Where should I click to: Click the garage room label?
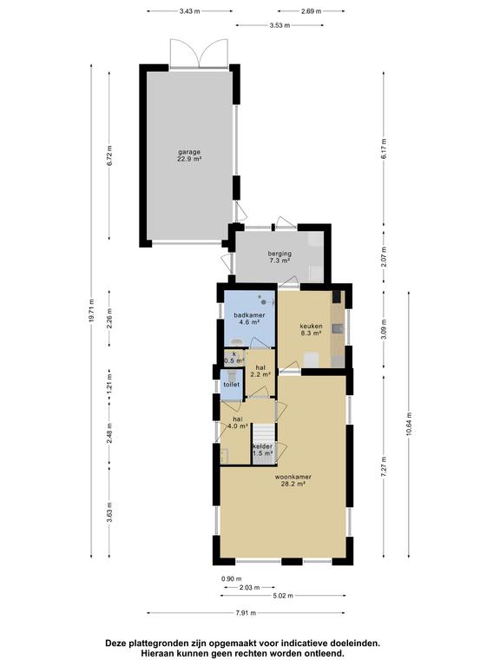pos(189,155)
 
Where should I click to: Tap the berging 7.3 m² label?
pos(280,257)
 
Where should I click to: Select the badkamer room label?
pos(250,319)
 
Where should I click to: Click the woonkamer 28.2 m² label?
pos(293,480)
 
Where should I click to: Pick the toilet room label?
pos(232,385)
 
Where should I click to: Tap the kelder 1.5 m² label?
pos(262,450)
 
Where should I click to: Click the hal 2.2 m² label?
pos(260,371)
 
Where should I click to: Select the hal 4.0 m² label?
pos(238,422)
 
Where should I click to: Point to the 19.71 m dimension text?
pos(91,311)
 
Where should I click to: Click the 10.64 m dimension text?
pos(409,424)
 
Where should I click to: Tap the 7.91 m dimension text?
pos(246,613)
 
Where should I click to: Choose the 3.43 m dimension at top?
pos(189,11)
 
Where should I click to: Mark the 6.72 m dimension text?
pos(109,155)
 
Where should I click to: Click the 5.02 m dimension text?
pos(283,596)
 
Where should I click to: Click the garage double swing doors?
pos(199,53)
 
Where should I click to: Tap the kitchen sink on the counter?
pos(339,328)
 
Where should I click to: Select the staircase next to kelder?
pos(264,434)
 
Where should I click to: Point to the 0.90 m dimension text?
pos(231,578)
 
